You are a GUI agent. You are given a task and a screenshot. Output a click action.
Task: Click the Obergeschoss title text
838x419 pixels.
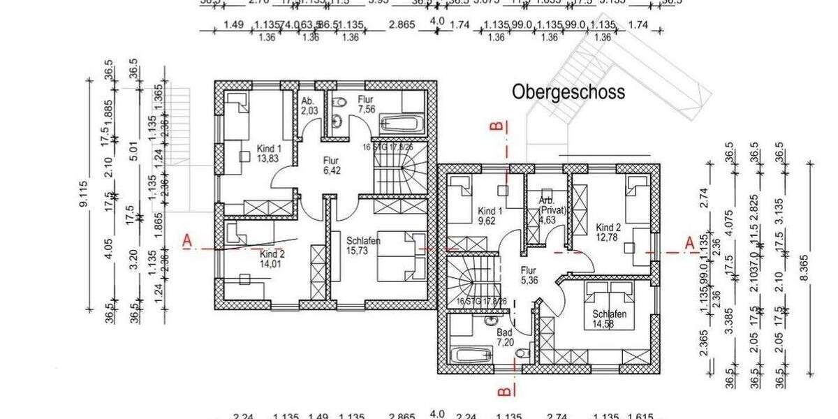[x=568, y=92]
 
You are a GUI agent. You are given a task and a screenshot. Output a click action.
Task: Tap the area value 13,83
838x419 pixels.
[x=269, y=159]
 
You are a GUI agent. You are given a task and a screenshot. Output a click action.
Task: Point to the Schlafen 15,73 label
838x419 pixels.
[x=362, y=246]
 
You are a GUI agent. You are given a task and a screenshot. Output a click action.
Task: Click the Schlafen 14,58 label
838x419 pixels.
[x=610, y=319]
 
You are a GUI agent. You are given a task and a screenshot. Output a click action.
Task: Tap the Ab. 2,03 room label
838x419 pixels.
[x=309, y=105]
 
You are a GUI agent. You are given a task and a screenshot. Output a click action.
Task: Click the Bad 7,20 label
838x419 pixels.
[x=504, y=339]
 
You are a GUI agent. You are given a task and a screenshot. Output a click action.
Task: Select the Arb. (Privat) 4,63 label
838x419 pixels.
[x=551, y=209]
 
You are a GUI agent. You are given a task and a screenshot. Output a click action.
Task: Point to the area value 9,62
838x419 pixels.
[x=490, y=221]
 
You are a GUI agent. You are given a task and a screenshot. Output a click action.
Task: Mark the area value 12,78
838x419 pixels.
[x=608, y=237]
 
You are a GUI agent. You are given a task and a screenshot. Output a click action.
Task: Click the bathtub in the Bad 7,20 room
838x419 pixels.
[x=471, y=355]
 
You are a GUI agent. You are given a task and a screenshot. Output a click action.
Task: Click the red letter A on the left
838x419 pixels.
[x=187, y=241]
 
